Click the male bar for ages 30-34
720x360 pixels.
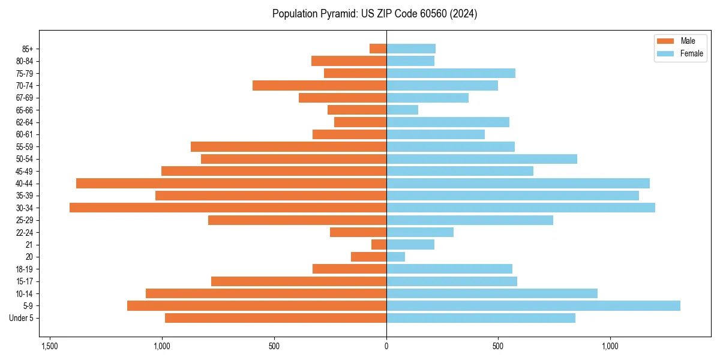[x=228, y=208]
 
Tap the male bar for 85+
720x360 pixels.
[x=378, y=49]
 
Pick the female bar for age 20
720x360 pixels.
[x=395, y=257]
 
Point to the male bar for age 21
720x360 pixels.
[x=379, y=244]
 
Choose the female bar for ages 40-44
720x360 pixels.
[x=518, y=183]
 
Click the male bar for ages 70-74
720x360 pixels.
[x=319, y=85]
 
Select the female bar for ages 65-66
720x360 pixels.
[x=402, y=110]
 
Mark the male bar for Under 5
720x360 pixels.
[x=275, y=318]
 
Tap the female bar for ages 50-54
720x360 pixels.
[x=481, y=159]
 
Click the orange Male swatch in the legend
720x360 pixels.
[x=666, y=41]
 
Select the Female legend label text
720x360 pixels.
[x=692, y=53]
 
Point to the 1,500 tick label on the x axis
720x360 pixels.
[x=50, y=346]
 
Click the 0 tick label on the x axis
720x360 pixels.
[x=386, y=346]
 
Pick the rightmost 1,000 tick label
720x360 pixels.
[x=610, y=346]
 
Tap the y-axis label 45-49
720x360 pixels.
[x=25, y=171]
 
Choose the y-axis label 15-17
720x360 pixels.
[x=25, y=281]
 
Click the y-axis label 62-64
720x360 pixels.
[x=25, y=122]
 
